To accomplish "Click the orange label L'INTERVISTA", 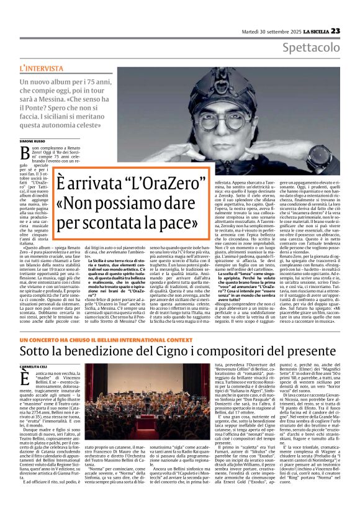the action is [x=40, y=66].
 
